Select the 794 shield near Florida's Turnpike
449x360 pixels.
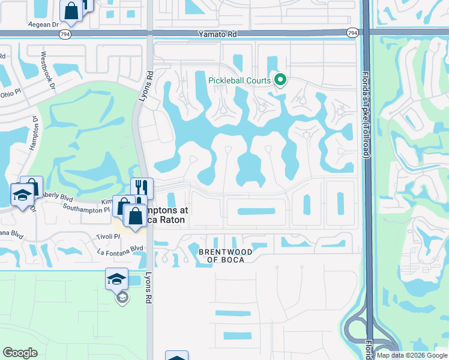[352, 32]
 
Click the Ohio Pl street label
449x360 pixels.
[10, 93]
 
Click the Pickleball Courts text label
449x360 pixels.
[240, 80]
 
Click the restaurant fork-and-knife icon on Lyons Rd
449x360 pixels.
[142, 187]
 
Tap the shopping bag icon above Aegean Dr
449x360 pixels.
[71, 11]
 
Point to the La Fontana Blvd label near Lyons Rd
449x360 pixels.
[121, 248]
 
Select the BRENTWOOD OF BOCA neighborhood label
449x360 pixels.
[230, 256]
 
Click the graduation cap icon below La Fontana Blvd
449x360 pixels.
[116, 278]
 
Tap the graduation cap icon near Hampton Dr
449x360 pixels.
[22, 194]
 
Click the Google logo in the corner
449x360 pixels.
[20, 353]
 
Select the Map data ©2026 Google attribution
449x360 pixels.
[412, 355]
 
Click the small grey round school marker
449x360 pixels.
[122, 298]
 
